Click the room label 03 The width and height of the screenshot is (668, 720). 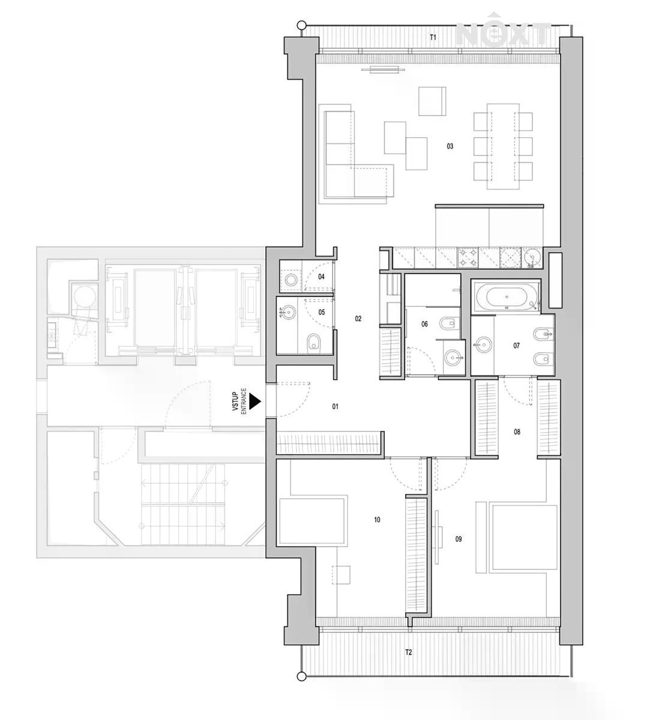click(x=450, y=146)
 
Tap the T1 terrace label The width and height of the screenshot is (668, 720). click(x=433, y=37)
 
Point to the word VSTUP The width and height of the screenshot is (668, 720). click(x=235, y=401)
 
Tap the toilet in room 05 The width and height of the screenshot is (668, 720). click(x=313, y=343)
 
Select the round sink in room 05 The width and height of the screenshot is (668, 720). click(x=289, y=312)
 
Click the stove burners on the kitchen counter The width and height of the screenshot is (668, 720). click(x=468, y=258)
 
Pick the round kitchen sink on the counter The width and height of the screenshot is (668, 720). click(x=532, y=258)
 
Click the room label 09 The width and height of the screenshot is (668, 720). click(x=459, y=539)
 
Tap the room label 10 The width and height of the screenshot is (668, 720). click(x=377, y=520)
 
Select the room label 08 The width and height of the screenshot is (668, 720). click(x=517, y=432)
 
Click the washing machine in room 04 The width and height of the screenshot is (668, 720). click(x=291, y=280)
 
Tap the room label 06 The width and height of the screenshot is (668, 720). click(x=424, y=324)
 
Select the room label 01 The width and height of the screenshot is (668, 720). click(x=335, y=407)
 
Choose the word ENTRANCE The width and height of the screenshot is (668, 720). click(x=244, y=401)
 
